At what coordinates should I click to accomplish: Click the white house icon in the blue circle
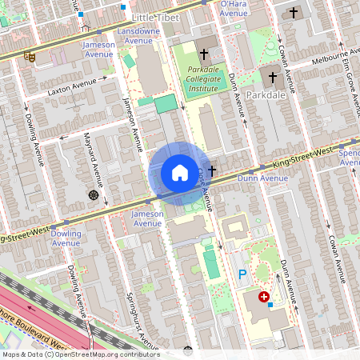tap(180, 173)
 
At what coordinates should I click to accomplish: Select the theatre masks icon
tap(30, 57)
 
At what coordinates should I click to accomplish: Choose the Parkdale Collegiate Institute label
tap(203, 79)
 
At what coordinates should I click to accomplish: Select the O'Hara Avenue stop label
tap(234, 8)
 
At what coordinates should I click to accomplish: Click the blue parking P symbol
tap(242, 274)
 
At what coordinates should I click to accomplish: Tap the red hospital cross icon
tap(264, 297)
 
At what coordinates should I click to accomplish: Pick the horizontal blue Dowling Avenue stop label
tap(64, 238)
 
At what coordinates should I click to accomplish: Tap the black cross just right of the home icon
tap(212, 170)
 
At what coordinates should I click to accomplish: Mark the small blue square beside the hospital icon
tap(270, 305)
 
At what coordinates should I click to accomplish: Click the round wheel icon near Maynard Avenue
tap(94, 195)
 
